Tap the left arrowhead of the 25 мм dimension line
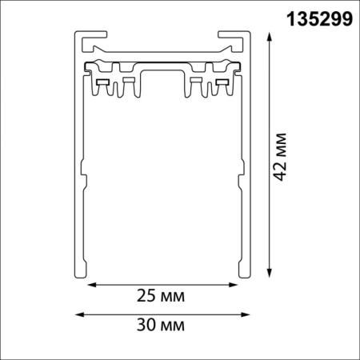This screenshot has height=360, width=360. (x=90, y=283)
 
